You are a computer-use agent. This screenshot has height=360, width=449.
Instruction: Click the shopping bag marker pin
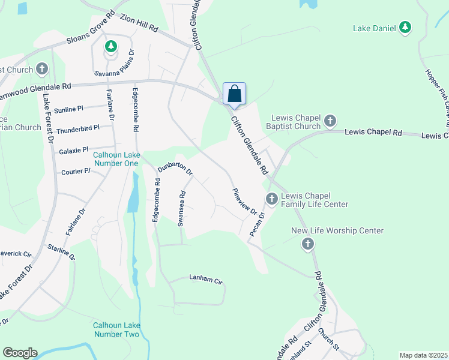click(234, 94)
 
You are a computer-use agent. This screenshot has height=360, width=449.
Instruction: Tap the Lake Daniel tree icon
click(406, 27)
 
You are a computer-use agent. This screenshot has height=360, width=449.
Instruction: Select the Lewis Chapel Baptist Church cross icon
click(330, 122)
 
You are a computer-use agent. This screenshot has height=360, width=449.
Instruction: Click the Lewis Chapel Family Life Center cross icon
click(271, 198)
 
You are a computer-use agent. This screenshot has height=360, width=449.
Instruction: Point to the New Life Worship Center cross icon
click(307, 243)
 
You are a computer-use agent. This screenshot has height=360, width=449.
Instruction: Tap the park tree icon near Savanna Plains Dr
click(110, 46)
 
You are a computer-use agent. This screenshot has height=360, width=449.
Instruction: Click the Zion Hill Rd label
click(138, 23)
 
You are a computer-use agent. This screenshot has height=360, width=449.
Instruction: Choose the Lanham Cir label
click(206, 278)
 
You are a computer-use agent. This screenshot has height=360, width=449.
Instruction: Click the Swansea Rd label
click(181, 208)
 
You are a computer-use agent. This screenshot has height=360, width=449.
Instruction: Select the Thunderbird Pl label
click(77, 129)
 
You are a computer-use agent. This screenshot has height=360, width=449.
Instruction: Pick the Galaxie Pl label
click(74, 149)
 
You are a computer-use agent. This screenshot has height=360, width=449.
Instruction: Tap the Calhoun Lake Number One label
click(116, 158)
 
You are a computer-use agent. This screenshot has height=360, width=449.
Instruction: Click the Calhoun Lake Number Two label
click(116, 329)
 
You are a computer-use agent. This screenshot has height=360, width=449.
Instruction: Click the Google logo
click(20, 353)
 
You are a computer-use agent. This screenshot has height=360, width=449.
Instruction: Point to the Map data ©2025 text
click(423, 355)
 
